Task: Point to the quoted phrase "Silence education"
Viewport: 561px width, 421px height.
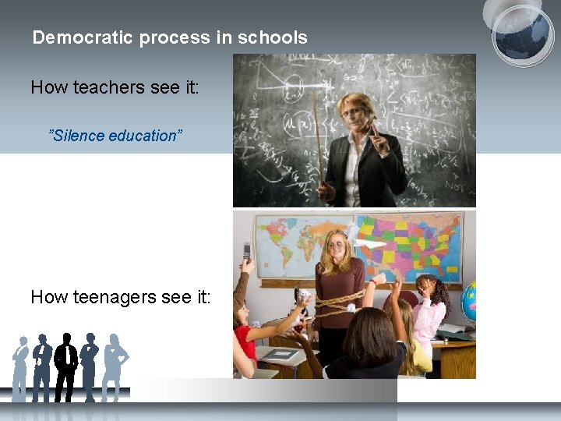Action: click(x=115, y=136)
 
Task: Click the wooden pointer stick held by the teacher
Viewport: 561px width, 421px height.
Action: click(x=317, y=133)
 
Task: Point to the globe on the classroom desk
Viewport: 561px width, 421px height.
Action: click(x=469, y=304)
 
